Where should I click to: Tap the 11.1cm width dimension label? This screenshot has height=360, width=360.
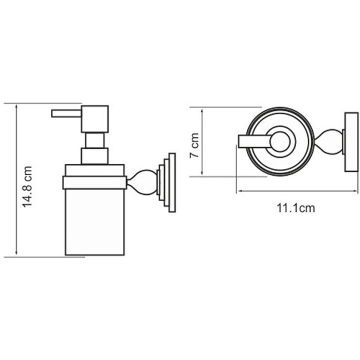[x=295, y=208]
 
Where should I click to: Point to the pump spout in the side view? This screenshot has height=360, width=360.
[x=63, y=114]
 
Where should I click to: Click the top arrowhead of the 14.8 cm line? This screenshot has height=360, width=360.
[x=17, y=106]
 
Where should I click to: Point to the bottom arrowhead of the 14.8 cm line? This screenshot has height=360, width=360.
[x=17, y=254]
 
